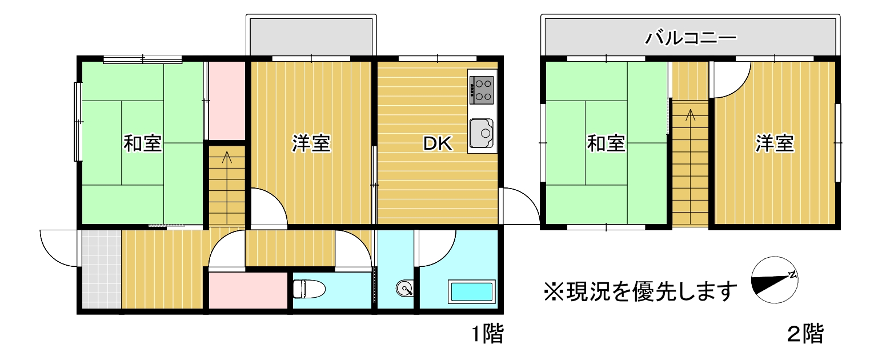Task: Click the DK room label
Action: click(438, 143)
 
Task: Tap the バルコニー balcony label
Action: click(690, 38)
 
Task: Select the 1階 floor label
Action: click(487, 334)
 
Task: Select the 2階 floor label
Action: click(805, 334)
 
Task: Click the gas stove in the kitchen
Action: click(481, 90)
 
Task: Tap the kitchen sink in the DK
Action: click(481, 133)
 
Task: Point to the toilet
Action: click(309, 289)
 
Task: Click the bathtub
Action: click(471, 292)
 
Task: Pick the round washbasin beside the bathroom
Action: click(404, 289)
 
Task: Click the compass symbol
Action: click(775, 279)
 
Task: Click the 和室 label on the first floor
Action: click(143, 143)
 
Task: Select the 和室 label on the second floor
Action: click(606, 143)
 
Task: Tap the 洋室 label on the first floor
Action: click(311, 143)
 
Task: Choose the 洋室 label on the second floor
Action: click(775, 143)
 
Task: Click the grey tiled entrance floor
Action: click(102, 269)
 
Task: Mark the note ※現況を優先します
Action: click(640, 292)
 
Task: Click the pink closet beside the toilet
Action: click(248, 290)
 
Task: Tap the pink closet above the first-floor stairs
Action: click(227, 101)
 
